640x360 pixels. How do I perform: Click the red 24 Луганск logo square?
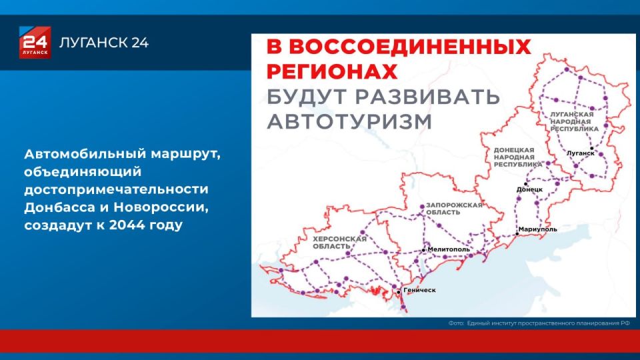(x=35, y=43)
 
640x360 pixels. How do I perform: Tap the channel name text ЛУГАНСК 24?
(x=104, y=43)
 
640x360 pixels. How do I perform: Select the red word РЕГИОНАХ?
(x=332, y=72)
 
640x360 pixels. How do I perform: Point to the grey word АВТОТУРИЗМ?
(x=349, y=121)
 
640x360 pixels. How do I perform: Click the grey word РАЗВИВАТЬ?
(x=427, y=97)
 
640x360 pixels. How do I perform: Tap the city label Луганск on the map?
(x=581, y=153)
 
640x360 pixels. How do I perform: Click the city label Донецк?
(x=530, y=189)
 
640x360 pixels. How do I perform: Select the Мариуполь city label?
(x=538, y=229)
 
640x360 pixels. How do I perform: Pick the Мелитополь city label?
(x=449, y=249)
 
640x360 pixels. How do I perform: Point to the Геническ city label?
(x=419, y=290)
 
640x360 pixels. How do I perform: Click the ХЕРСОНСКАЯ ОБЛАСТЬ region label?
(x=339, y=243)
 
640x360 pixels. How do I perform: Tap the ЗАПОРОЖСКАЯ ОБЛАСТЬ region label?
(x=454, y=209)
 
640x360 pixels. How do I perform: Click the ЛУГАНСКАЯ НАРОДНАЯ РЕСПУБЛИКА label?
(x=574, y=121)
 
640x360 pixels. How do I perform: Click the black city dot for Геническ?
(x=399, y=292)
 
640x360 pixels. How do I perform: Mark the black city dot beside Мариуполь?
(x=517, y=234)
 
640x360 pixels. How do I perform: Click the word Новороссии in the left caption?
(x=161, y=207)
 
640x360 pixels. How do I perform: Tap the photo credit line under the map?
(x=539, y=323)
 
